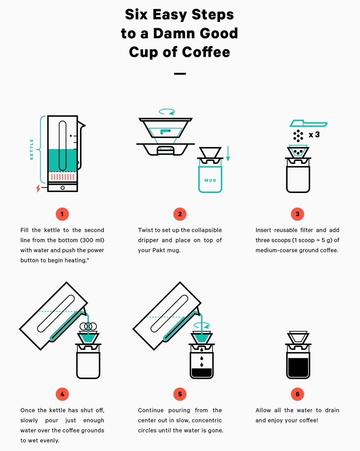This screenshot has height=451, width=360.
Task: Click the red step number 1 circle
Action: click(x=62, y=214)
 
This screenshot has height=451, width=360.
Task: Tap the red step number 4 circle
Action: click(x=62, y=394)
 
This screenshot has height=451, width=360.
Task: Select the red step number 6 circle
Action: click(x=298, y=394)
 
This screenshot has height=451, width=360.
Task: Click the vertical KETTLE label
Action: click(x=32, y=149)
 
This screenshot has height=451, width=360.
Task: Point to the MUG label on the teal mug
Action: click(x=210, y=180)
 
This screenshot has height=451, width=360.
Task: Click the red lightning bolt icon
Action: click(x=38, y=188)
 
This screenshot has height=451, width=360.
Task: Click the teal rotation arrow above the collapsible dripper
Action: click(x=167, y=112)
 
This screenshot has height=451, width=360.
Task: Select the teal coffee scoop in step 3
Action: click(x=308, y=123)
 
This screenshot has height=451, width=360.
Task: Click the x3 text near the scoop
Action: click(x=314, y=135)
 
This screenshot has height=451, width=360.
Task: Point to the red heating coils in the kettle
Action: click(x=62, y=177)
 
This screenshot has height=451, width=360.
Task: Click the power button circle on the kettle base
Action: click(x=62, y=188)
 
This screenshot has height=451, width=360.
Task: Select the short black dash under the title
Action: click(x=180, y=74)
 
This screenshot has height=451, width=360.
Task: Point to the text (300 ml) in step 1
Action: click(x=92, y=240)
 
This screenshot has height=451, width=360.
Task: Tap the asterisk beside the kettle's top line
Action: click(x=71, y=136)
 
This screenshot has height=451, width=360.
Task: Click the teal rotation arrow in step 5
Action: click(x=202, y=325)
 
